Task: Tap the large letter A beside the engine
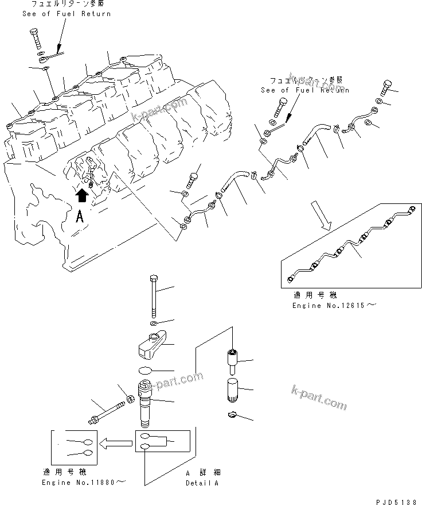pyautogui.click(x=81, y=217)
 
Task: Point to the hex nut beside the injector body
pyautogui.click(x=131, y=398)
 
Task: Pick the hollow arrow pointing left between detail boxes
pyautogui.click(x=114, y=443)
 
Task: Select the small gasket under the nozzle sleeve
pyautogui.click(x=231, y=415)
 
